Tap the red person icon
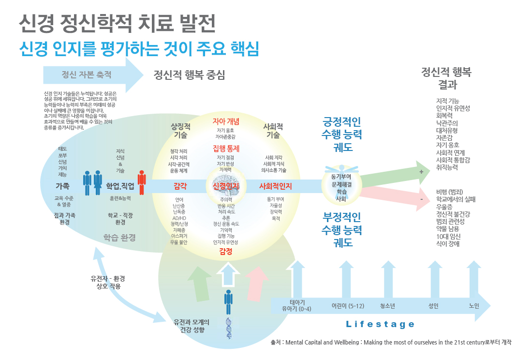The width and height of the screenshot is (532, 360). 141,183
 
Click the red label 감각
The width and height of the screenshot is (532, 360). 180,186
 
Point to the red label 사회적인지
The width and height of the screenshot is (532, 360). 275,186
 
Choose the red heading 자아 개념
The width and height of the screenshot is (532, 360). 226,120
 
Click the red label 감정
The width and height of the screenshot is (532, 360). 226,251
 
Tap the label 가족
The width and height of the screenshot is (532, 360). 62,186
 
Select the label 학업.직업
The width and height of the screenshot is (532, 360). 120,186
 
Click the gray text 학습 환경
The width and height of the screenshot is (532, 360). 119,238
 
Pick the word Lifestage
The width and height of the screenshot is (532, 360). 380,324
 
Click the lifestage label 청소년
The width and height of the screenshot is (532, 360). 388,306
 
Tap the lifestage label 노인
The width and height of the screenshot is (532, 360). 474,306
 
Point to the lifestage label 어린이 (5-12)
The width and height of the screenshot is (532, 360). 347,306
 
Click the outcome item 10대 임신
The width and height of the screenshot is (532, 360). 448,236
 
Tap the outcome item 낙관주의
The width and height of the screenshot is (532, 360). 447,122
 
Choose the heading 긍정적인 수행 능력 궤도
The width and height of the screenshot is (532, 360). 342,134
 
